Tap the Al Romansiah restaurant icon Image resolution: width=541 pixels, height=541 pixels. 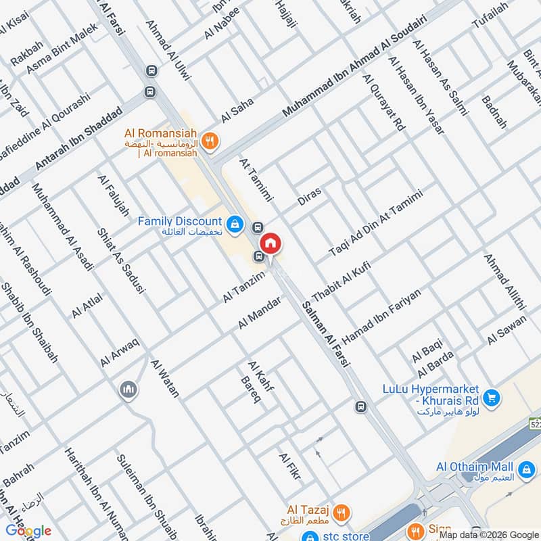[211, 141]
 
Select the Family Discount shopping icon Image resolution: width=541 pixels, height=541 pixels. [235, 225]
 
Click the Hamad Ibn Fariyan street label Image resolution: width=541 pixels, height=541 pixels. [382, 314]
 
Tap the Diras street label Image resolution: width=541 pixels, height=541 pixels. [310, 196]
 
